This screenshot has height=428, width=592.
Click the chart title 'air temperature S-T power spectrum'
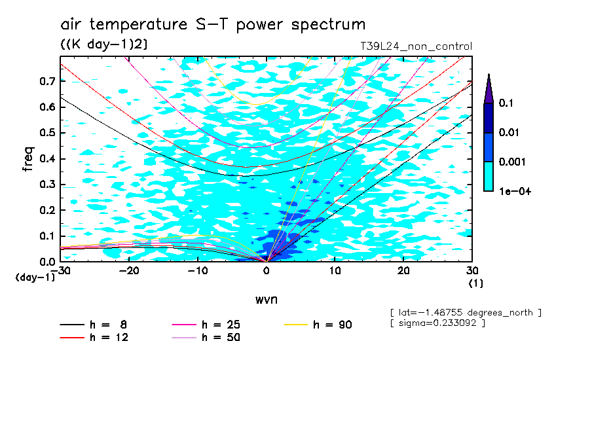[213, 25]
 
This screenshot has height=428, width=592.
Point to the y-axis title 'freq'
[28, 159]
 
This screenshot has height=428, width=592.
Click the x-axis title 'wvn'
[266, 299]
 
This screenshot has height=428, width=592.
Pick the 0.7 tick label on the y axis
[46, 81]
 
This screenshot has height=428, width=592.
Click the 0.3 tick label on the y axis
[46, 185]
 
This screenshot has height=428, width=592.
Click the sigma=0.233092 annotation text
[437, 324]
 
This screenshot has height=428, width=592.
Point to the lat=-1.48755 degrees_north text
[465, 313]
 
